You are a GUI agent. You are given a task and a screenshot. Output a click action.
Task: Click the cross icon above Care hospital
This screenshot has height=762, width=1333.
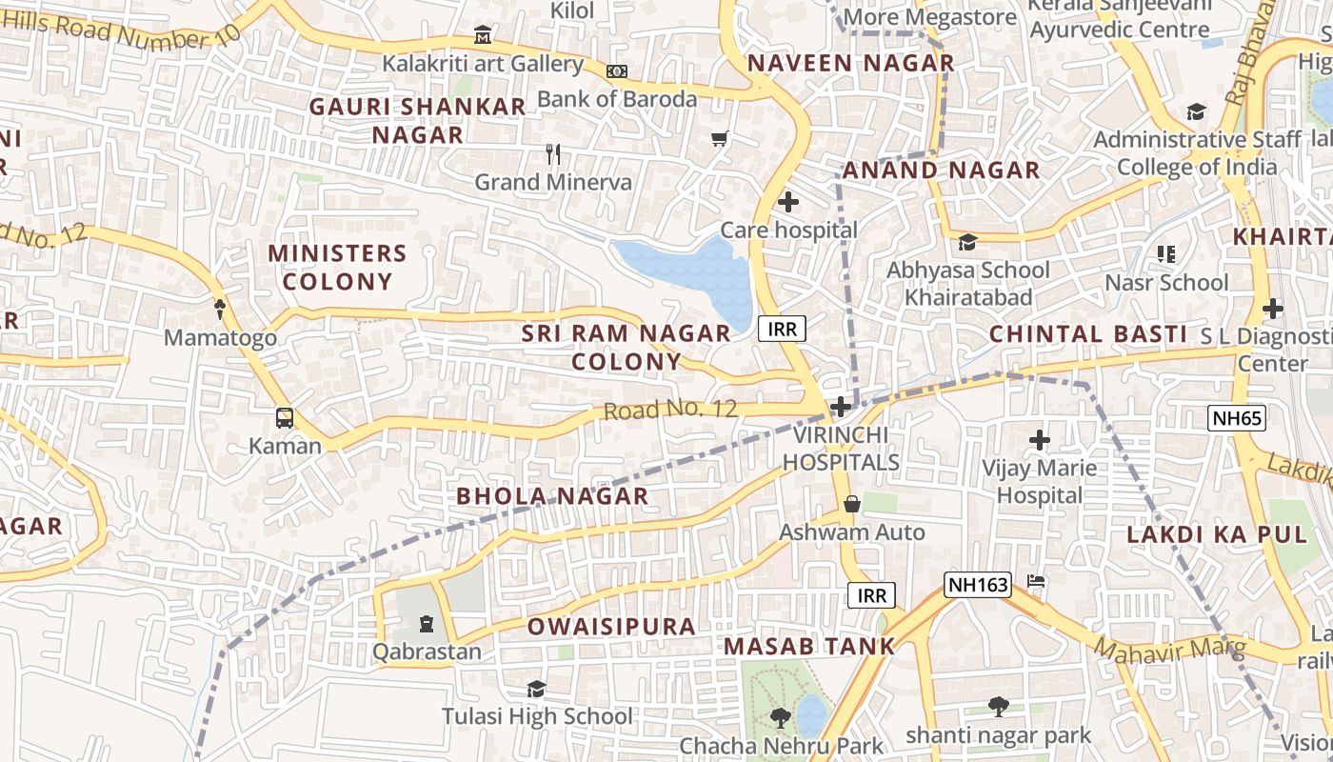coord(788,202)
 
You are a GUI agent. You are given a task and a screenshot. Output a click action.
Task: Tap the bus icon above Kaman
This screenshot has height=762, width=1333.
coord(285,417)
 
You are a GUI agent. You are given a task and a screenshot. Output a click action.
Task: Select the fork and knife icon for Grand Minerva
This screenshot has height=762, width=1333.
coord(552,153)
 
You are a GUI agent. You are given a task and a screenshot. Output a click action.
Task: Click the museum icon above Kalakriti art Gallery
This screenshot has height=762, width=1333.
coord(483,36)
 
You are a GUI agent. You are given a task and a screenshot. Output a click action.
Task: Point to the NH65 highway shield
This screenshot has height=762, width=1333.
coord(1237,417)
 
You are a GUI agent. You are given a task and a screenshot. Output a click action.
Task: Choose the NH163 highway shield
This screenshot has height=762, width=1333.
coord(978,585)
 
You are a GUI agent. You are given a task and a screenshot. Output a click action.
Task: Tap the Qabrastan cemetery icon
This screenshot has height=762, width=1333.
coord(427,624)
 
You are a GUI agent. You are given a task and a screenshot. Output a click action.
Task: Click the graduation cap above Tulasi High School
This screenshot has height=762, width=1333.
coord(537,689)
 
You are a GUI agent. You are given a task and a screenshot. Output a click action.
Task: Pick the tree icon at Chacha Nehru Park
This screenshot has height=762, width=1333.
coord(781,716)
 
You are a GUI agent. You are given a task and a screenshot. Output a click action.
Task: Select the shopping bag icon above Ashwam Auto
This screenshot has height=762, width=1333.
coord(852,503)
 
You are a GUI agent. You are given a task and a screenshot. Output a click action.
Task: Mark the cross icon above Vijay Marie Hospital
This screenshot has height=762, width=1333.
coord(1040,440)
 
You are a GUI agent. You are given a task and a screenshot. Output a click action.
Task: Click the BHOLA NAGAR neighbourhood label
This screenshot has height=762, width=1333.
coord(552,496)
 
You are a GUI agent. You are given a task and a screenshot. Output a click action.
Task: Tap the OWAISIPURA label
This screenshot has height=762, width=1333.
coord(611,627)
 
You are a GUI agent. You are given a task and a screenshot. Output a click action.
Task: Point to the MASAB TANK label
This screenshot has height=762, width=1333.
coord(809,646)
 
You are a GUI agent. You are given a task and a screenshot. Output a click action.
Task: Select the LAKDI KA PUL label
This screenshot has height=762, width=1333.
coord(1204,534)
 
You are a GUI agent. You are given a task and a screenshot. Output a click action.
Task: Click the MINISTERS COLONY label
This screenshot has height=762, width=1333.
coord(337,267)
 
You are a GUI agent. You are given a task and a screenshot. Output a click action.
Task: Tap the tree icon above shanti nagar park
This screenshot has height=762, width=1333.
coord(998,706)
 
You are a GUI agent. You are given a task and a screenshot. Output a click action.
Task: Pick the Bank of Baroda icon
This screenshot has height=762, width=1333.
coord(617,71)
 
